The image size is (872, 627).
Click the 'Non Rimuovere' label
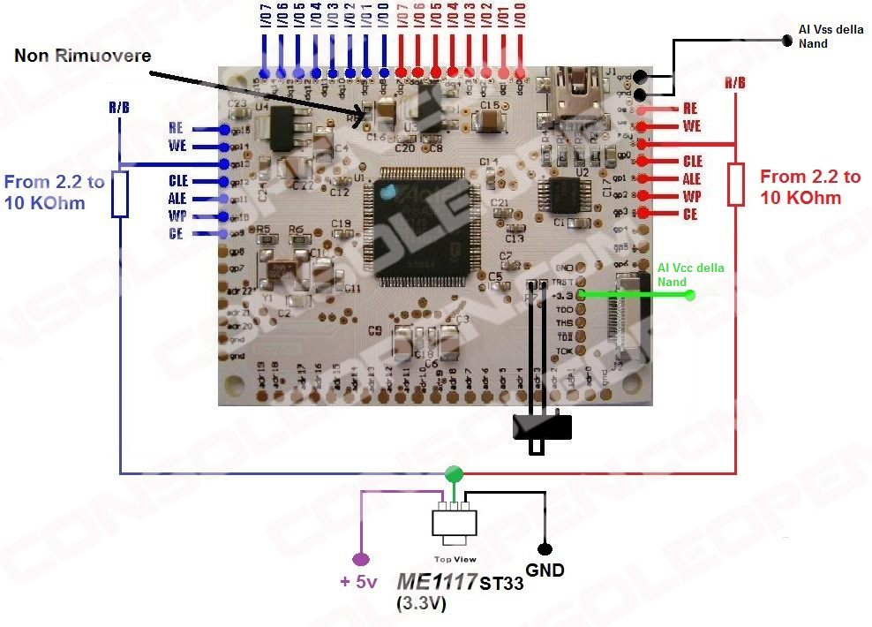[83, 56]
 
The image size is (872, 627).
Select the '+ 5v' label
[358, 581]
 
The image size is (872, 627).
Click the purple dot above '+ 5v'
[360, 558]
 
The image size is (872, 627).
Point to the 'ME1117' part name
[432, 582]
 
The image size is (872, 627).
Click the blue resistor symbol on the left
[121, 194]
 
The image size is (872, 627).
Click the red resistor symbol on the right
[736, 185]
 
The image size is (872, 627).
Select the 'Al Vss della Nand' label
[831, 36]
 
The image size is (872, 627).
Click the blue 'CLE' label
[178, 181]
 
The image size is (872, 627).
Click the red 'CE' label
[690, 214]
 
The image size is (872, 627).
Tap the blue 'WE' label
[177, 146]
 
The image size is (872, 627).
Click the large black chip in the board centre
[420, 223]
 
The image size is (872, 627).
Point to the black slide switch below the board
[542, 427]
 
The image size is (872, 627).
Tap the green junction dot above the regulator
[454, 472]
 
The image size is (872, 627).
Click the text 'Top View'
[455, 559]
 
